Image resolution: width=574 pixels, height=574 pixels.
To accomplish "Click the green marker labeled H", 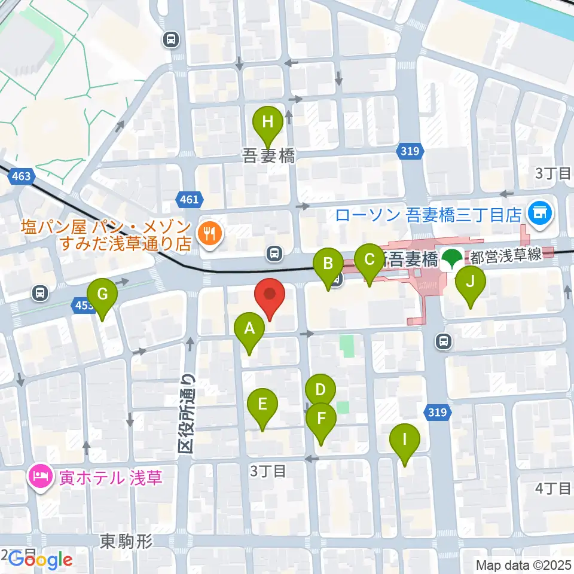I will (268, 123).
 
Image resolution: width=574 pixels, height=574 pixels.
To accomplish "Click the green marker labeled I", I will (404, 441).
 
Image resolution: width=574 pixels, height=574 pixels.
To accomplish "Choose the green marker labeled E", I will (262, 405).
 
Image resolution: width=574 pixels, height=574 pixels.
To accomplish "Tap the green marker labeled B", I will (328, 265).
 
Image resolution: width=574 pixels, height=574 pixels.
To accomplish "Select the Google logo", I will (40, 559).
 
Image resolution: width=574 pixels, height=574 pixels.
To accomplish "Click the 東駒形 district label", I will (126, 542).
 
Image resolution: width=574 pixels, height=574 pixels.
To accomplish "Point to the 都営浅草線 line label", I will (506, 255).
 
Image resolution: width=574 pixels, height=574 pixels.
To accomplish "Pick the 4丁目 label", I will (553, 488).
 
